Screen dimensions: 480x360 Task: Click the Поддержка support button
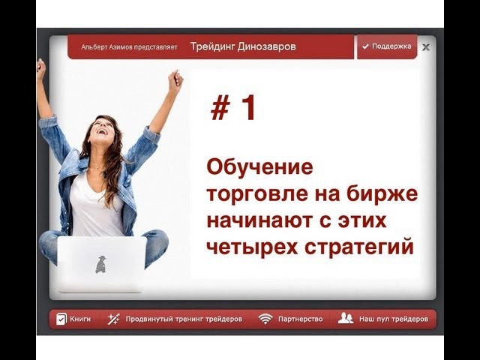click(x=387, y=46)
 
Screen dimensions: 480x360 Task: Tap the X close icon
click(x=426, y=47)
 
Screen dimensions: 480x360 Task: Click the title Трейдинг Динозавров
click(x=243, y=46)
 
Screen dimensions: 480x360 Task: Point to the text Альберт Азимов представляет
click(x=129, y=47)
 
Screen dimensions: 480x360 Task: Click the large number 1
click(x=247, y=107)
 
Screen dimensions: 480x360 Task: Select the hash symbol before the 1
click(x=220, y=107)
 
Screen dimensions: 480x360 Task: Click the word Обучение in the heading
click(x=260, y=166)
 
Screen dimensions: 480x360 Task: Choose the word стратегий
click(x=359, y=247)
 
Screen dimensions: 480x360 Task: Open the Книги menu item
click(x=73, y=319)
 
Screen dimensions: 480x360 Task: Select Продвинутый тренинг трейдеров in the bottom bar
click(x=184, y=319)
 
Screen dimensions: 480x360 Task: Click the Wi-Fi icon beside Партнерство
click(x=265, y=319)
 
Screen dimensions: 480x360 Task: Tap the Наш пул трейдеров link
click(x=394, y=319)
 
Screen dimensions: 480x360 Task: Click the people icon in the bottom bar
click(x=345, y=318)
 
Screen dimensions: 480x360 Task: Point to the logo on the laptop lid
click(x=101, y=264)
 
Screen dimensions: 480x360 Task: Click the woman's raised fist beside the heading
click(x=175, y=79)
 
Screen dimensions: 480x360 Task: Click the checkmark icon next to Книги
click(x=61, y=319)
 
